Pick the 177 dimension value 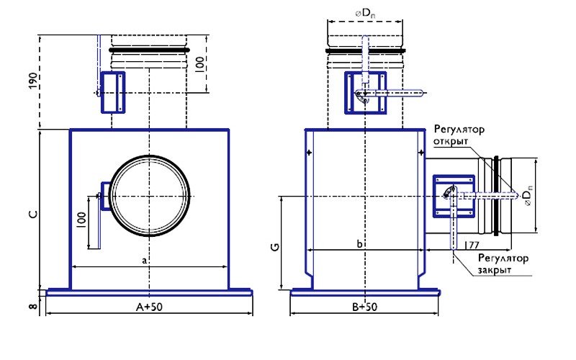point(472,246)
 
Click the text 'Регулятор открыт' point(459,135)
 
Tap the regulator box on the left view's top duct point(112,91)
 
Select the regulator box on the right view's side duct point(454,195)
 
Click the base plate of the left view point(149,292)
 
